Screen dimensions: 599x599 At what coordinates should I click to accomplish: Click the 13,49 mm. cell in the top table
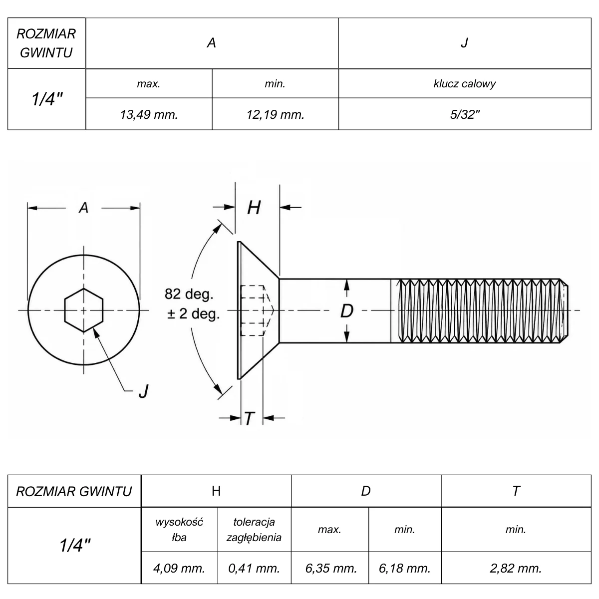[x=149, y=114]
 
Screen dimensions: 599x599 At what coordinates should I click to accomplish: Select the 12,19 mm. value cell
[x=275, y=114]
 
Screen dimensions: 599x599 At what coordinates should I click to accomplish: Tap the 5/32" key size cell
[x=465, y=114]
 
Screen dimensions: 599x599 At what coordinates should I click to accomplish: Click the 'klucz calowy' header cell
[x=465, y=84]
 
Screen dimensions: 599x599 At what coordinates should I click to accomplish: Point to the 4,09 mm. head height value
[x=179, y=568]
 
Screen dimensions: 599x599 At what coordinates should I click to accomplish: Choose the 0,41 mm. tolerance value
[x=254, y=568]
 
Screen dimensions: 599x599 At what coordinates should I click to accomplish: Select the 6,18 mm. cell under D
[x=404, y=568]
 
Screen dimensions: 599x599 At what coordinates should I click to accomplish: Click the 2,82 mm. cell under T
[x=516, y=568]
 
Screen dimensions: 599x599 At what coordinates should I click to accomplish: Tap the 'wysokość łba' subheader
[x=179, y=530]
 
